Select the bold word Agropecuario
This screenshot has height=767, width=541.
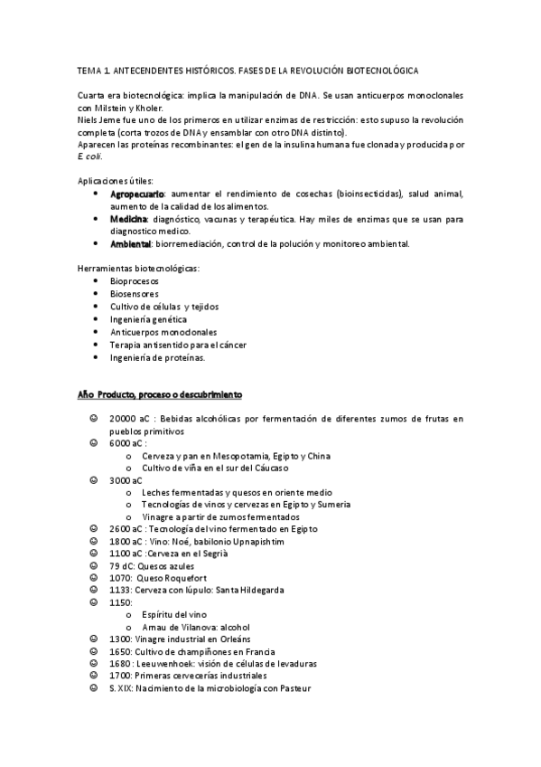[137, 194]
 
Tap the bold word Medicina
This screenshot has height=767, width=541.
[129, 219]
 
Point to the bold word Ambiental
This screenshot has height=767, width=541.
[131, 243]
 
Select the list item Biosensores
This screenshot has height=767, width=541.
[135, 294]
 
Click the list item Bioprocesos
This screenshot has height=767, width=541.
[135, 281]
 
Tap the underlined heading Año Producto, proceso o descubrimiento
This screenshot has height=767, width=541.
[159, 394]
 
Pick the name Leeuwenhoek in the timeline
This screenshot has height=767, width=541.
[166, 663]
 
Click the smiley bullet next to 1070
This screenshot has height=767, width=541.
[94, 577]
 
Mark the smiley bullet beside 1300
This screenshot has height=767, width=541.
[94, 639]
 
